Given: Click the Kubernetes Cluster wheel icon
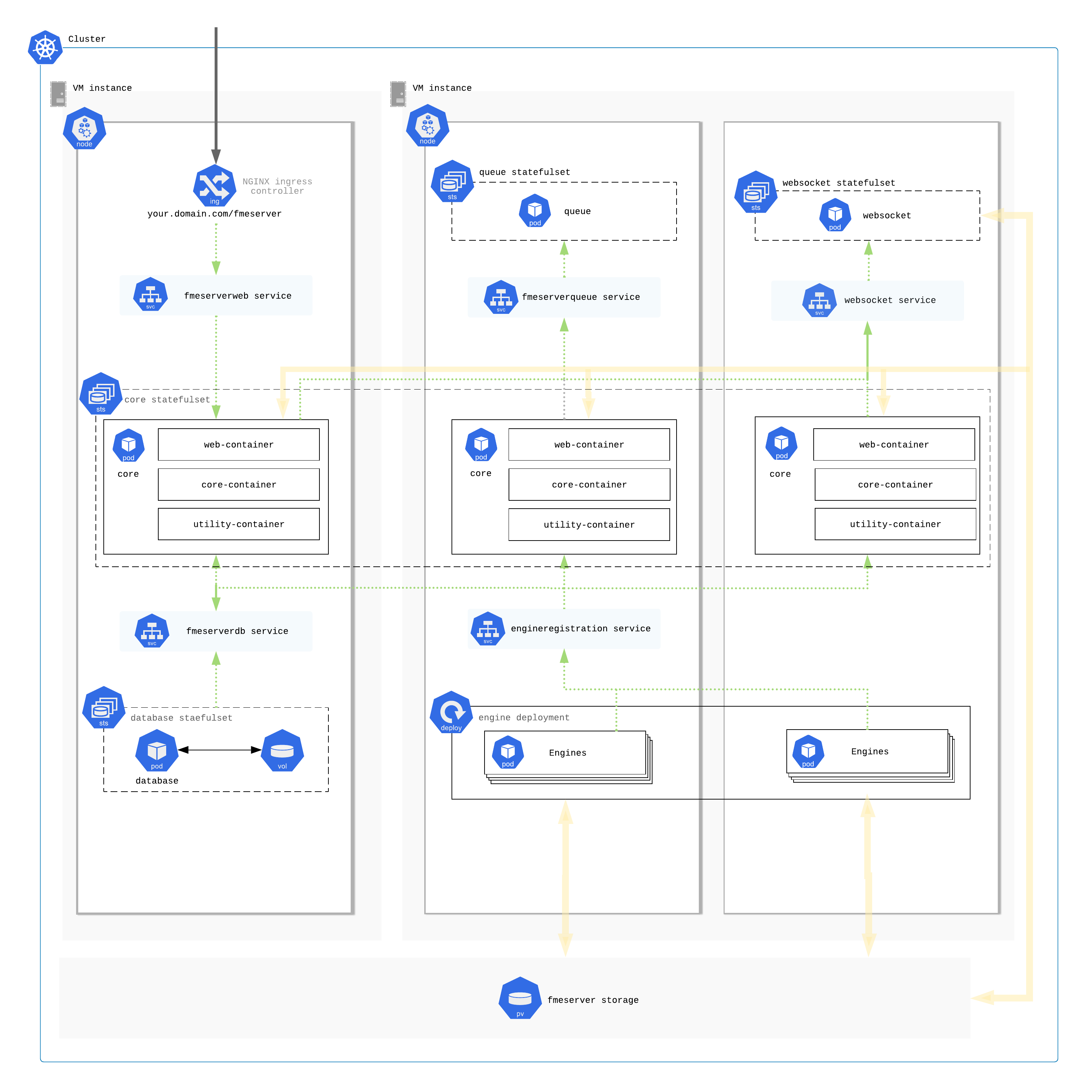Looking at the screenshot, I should coord(45,47).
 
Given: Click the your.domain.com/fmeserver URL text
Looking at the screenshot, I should coord(214,214).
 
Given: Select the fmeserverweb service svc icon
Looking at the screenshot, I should coord(150,294).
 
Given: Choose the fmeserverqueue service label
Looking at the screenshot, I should coord(581,297).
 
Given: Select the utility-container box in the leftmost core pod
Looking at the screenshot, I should coord(239,524).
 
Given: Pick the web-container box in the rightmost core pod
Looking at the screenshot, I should coord(894,445).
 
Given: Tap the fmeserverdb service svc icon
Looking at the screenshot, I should coord(152,631).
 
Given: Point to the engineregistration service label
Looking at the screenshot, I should coord(581,628).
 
